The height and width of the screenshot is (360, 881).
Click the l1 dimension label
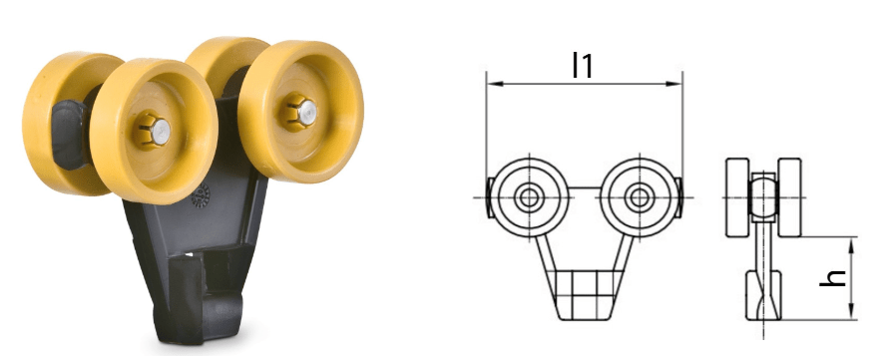tap(582, 65)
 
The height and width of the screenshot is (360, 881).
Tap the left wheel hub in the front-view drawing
tap(529, 197)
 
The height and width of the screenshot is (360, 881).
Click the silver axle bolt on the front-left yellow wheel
tap(161, 130)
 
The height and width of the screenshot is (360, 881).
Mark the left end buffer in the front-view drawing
tap(489, 197)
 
